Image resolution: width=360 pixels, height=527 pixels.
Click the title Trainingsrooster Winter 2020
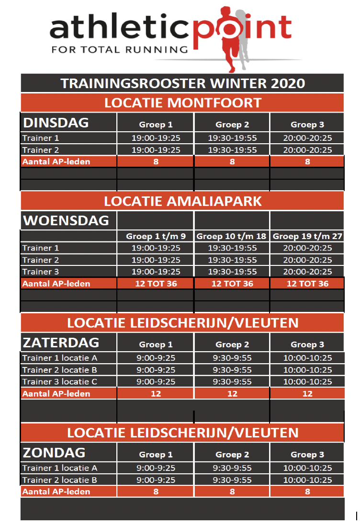[x=182, y=83]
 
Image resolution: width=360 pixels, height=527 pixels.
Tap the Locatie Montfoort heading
[x=182, y=103]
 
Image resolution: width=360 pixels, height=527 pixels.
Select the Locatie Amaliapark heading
[x=182, y=200]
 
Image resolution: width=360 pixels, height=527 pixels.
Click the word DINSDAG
[x=56, y=123]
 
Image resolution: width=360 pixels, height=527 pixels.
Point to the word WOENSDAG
[x=66, y=221]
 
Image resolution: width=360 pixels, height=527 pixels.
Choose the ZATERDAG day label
[x=61, y=343]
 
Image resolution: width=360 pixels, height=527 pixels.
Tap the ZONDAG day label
[x=54, y=453]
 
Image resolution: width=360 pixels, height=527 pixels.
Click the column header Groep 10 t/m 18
[x=232, y=236]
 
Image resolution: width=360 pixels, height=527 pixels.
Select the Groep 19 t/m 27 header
[x=307, y=236]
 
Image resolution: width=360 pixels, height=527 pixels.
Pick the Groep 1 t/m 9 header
[x=156, y=236]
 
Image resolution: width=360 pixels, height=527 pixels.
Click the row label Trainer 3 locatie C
[x=60, y=382]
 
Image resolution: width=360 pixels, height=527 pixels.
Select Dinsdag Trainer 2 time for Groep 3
[x=307, y=150]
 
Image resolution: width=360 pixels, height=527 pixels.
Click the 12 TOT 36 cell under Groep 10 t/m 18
[x=232, y=284]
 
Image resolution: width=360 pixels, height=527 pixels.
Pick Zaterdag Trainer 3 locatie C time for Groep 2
[x=232, y=382]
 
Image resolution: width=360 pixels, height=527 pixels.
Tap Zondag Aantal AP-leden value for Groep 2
[x=232, y=491]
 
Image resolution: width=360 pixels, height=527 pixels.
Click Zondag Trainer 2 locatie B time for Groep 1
[x=156, y=480]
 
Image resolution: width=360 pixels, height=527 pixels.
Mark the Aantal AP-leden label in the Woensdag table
[x=56, y=284]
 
